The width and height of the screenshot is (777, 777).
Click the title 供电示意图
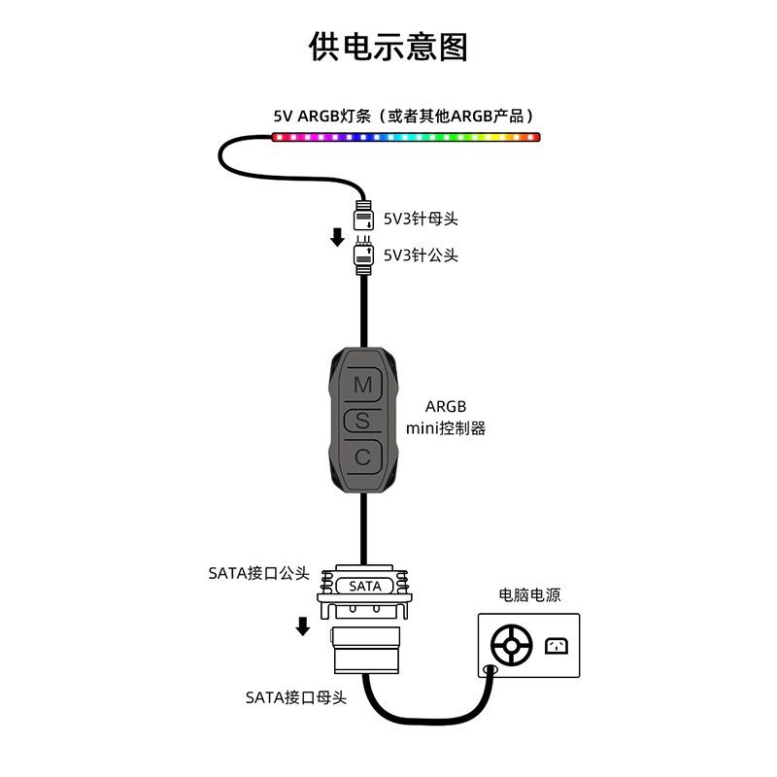[x=388, y=47]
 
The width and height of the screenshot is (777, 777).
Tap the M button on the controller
[x=362, y=385]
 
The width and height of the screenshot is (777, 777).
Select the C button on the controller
[x=362, y=456]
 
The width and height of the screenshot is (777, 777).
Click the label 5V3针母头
[x=421, y=219]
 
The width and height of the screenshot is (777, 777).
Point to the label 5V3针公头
[x=421, y=255]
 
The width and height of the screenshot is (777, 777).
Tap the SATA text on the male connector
[x=365, y=586]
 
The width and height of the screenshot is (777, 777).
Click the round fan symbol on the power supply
[x=511, y=645]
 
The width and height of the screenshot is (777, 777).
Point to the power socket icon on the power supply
[x=557, y=645]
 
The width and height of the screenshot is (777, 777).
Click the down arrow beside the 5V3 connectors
[x=337, y=236]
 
